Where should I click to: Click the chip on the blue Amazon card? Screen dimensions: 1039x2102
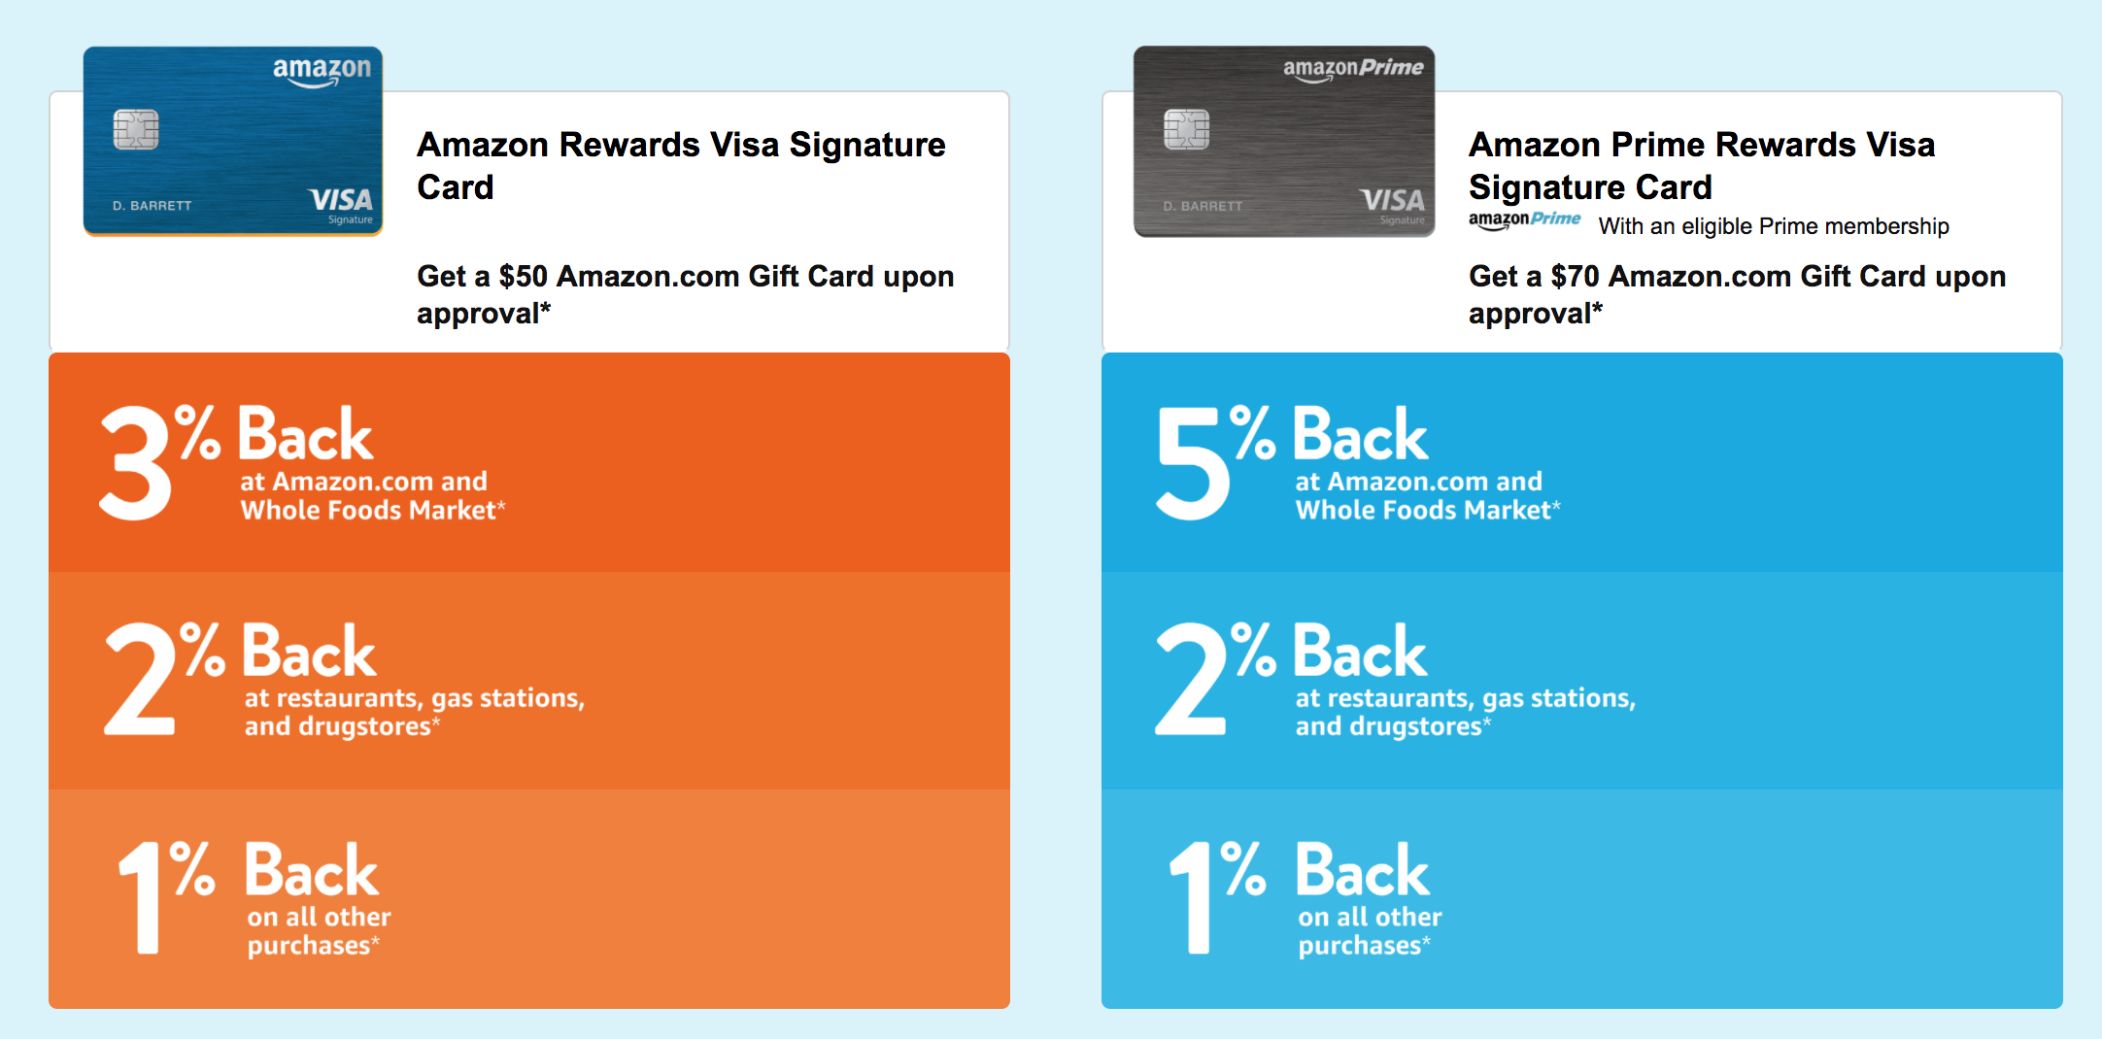click(136, 129)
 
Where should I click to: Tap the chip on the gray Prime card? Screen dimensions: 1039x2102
click(1186, 129)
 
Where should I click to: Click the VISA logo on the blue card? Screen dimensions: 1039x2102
click(341, 201)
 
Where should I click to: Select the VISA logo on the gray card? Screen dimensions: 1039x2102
click(1392, 201)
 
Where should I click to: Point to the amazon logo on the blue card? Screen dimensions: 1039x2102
click(322, 70)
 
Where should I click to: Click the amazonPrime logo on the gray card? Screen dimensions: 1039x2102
click(1353, 68)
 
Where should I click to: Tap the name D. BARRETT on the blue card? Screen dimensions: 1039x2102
click(152, 206)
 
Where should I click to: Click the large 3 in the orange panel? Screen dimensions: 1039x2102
click(136, 462)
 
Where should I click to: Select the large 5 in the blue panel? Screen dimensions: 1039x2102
click(1191, 462)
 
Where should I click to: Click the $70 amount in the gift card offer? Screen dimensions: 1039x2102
click(1575, 277)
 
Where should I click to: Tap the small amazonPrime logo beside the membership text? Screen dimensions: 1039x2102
click(1524, 220)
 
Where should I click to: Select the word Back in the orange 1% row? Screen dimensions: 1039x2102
click(311, 871)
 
